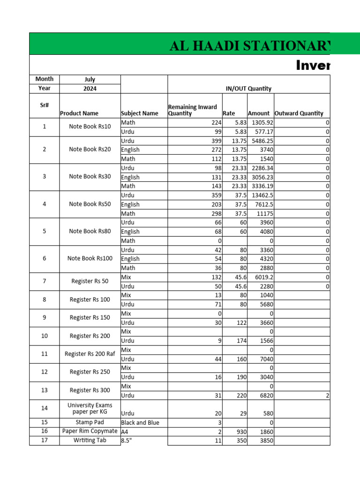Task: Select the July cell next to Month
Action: [90, 79]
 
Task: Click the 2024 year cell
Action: [90, 88]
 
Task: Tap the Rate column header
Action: [229, 113]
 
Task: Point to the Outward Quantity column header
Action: [299, 113]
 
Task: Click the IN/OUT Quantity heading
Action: [248, 89]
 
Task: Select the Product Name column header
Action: [79, 113]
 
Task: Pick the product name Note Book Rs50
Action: [90, 204]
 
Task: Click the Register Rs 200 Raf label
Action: [90, 354]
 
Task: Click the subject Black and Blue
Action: [140, 422]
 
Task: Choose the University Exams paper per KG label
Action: [90, 408]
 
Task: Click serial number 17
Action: [44, 440]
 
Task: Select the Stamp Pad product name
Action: [90, 422]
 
